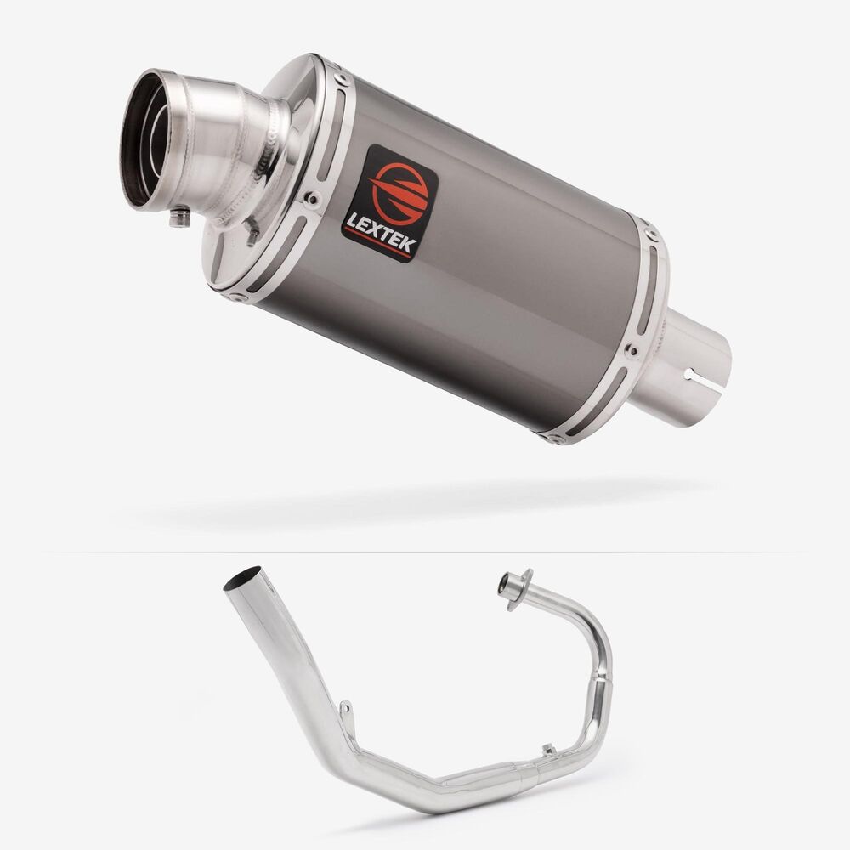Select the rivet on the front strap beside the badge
point(312,198)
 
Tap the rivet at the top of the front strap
point(342,79)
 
